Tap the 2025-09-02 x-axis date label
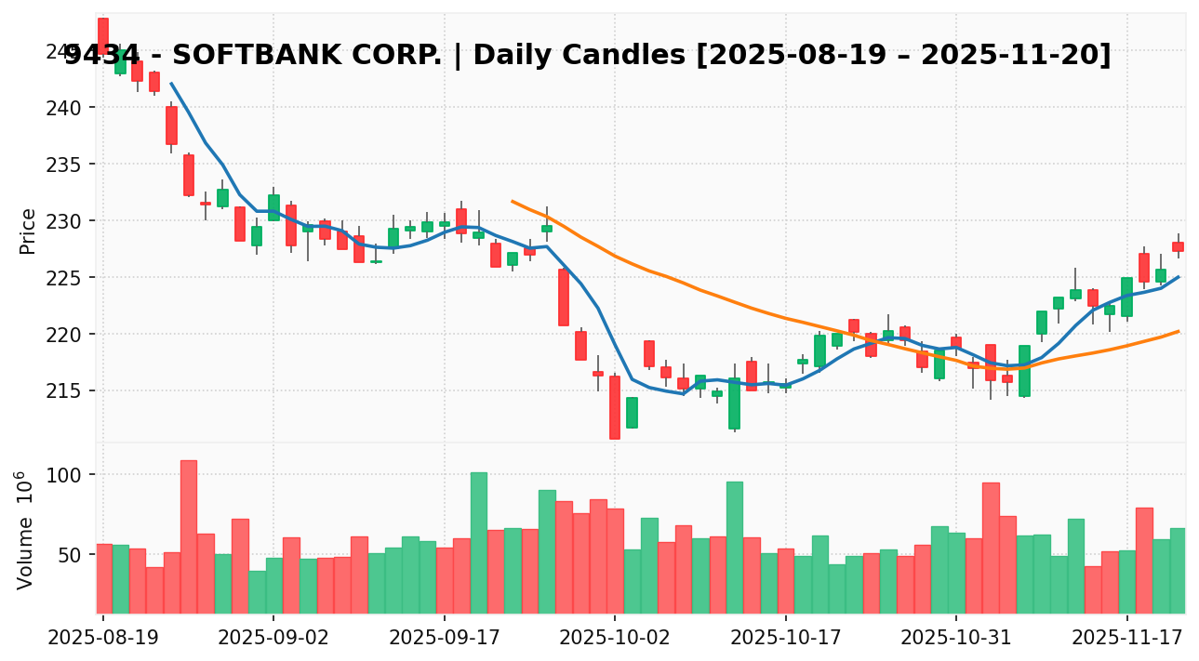coord(273,641)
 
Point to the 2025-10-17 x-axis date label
coord(785,641)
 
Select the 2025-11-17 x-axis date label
coord(1126,641)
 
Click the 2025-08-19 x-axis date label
coord(102,641)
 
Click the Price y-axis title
coord(28,231)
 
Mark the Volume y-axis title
coord(25,529)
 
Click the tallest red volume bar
coord(188,536)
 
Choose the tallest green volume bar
coord(478,542)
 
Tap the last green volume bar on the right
coord(1178,570)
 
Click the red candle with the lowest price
coord(615,407)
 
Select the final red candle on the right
coord(1178,246)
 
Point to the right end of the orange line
coord(1179,331)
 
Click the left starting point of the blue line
coord(170,83)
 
